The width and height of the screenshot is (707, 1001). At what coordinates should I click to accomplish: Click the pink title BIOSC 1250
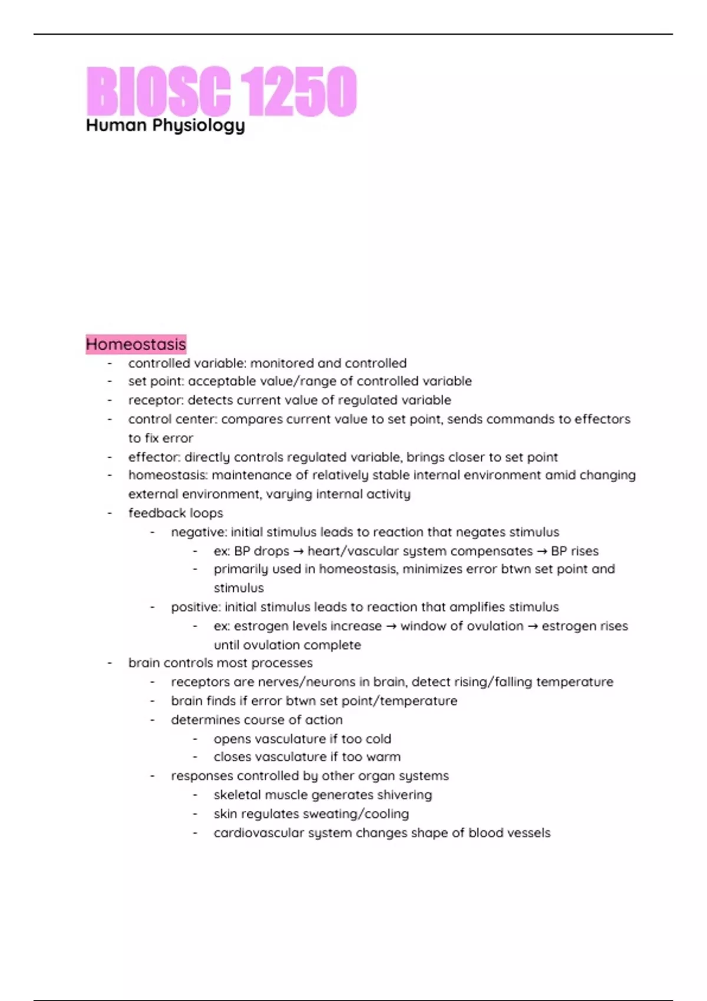coord(221,91)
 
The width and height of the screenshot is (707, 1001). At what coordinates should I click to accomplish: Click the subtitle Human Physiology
coord(165,125)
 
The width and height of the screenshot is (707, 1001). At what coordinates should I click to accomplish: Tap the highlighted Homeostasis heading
coord(136,344)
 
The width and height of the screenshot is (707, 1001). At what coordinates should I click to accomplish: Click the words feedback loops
coord(176,513)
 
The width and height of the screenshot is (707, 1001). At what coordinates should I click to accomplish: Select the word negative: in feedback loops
coord(199,532)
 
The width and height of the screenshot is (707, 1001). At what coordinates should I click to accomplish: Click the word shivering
coord(404,795)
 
